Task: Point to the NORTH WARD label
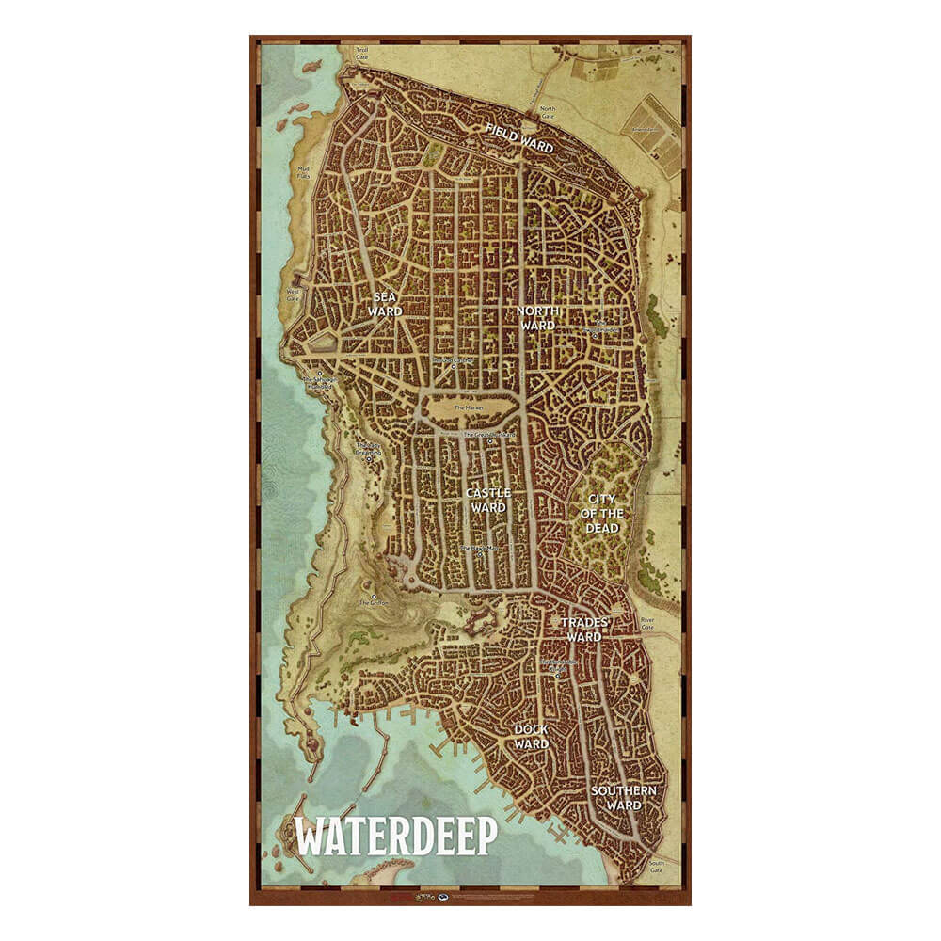click(538, 318)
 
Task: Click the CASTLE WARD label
click(488, 500)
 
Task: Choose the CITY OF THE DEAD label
click(604, 513)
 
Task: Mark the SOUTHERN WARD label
click(624, 797)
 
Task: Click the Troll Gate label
click(361, 54)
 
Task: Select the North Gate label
click(547, 113)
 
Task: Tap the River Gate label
click(647, 623)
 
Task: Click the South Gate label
click(657, 867)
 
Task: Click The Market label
click(468, 407)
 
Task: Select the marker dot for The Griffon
click(375, 596)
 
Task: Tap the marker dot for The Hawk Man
click(480, 554)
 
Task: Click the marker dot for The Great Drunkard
click(490, 441)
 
